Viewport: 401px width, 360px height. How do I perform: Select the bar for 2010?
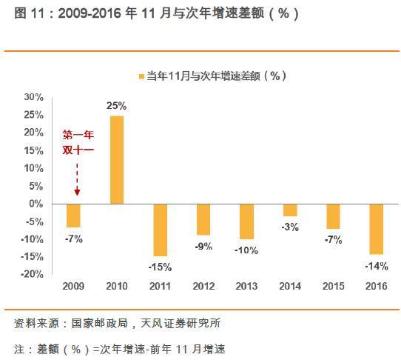click(x=117, y=159)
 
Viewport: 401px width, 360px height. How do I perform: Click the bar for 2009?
click(x=73, y=215)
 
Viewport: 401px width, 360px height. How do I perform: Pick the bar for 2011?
click(x=160, y=229)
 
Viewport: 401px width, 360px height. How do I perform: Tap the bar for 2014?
click(x=289, y=209)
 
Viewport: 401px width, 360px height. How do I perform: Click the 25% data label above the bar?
click(x=117, y=107)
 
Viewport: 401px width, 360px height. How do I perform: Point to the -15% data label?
click(x=160, y=267)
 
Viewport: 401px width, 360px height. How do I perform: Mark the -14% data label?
click(x=377, y=264)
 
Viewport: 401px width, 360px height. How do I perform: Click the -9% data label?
click(x=203, y=246)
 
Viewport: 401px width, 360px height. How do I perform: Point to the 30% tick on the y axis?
click(x=34, y=97)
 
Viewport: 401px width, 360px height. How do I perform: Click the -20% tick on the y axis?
click(x=33, y=274)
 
